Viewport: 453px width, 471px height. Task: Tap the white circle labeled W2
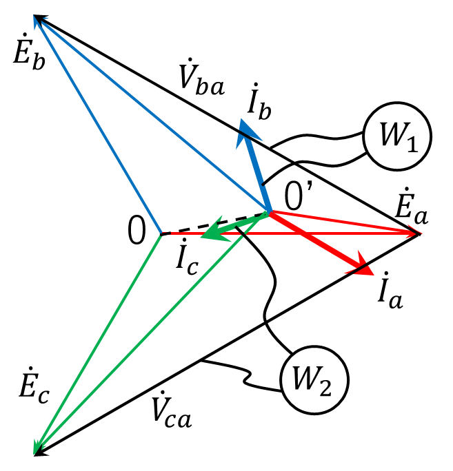click(x=314, y=380)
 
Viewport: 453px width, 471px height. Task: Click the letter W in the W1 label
click(x=391, y=136)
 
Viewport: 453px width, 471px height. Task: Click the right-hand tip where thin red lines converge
click(x=417, y=233)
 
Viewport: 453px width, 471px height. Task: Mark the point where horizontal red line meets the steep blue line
click(x=162, y=233)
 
